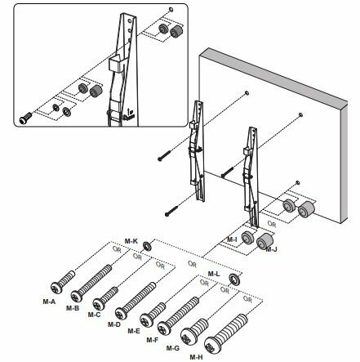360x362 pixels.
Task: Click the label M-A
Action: point(49,302)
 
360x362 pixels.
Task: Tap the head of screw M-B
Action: point(77,297)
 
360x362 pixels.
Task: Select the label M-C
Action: point(94,315)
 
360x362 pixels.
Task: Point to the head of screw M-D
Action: point(121,314)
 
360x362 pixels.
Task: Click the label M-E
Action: point(134,331)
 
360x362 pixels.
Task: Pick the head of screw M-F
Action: point(164,328)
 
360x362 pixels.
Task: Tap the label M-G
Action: point(173,348)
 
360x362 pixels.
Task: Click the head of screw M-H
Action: point(212,345)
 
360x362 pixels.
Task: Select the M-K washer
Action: point(148,246)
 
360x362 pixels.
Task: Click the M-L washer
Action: point(233,279)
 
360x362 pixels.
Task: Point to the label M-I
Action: point(232,239)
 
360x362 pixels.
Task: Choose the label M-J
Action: point(271,249)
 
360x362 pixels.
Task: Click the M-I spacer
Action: point(247,238)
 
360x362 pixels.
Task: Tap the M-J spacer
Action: point(264,241)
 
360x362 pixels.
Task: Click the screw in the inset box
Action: point(25,118)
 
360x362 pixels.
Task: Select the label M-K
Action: point(131,241)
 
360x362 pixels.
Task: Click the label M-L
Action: point(214,274)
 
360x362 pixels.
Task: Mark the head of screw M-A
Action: point(56,288)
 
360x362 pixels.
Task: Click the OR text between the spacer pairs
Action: point(272,224)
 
